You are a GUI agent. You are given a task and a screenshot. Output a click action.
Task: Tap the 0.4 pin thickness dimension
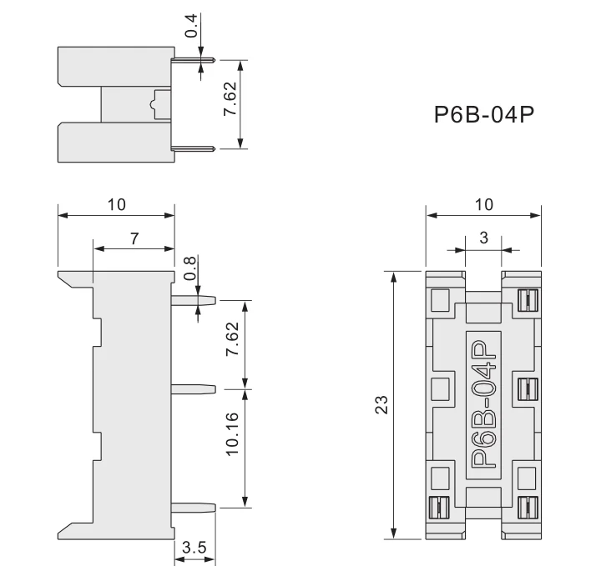191,28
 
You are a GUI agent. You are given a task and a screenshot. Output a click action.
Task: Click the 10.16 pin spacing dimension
233,433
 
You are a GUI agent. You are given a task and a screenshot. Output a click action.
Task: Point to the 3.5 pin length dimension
194,548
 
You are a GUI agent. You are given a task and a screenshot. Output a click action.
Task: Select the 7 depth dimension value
134,238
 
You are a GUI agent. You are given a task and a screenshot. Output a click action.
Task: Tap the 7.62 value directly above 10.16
233,340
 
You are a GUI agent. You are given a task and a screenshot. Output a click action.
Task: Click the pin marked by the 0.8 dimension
195,298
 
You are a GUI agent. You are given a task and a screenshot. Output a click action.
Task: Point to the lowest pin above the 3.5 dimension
195,505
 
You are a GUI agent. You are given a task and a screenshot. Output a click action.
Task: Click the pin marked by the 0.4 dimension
194,60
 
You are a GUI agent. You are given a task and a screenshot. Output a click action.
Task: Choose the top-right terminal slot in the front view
526,298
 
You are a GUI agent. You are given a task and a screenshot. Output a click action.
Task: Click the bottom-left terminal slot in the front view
437,506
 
